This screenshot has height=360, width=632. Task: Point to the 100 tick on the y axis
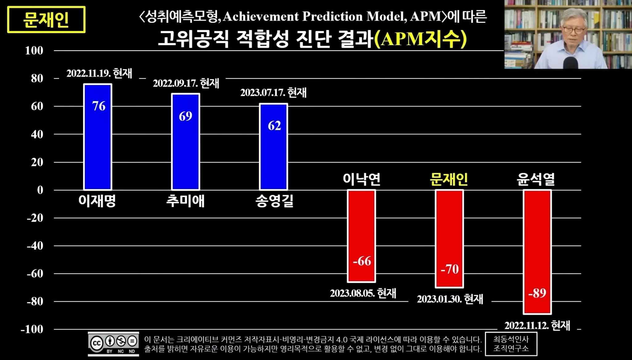coord(34,51)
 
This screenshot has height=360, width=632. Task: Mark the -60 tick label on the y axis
coord(35,274)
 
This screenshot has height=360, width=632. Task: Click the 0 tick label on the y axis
coord(40,190)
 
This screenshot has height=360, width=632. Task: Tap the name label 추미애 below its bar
coord(185,201)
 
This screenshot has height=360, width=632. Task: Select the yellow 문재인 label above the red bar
coord(449,179)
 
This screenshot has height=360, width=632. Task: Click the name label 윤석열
coord(536,179)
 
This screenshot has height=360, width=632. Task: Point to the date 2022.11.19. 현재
coord(99,73)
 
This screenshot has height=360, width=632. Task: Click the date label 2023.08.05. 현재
coord(363,293)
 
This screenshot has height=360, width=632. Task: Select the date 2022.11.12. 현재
coord(537,325)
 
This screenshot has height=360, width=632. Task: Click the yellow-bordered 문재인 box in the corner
coord(46,20)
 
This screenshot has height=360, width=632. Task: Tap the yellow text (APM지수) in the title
coord(420,39)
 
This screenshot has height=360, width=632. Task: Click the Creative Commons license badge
coord(113,344)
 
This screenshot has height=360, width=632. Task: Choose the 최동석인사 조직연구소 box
coord(511,344)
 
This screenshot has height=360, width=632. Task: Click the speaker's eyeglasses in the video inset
coord(574,30)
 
